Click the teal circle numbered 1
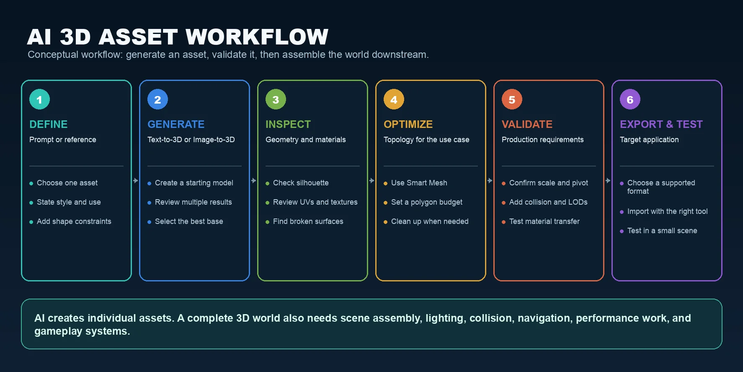click(x=39, y=99)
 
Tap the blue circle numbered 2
click(x=157, y=99)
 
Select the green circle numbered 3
click(x=276, y=99)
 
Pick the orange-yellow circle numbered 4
click(x=394, y=99)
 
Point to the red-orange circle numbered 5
click(x=512, y=99)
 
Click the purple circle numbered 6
click(x=630, y=99)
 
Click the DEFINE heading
click(x=48, y=125)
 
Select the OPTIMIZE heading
click(x=408, y=125)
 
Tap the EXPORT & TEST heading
click(x=661, y=125)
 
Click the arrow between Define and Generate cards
click(x=135, y=181)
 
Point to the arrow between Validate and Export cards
click(x=608, y=181)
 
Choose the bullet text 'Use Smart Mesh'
click(x=419, y=183)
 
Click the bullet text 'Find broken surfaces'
click(x=308, y=221)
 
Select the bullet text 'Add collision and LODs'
click(x=548, y=202)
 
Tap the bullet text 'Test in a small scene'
click(x=662, y=231)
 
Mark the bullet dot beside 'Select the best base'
click(x=149, y=222)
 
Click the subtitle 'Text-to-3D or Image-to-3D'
click(x=191, y=140)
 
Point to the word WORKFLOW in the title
click(x=257, y=37)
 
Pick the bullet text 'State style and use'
click(x=69, y=202)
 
